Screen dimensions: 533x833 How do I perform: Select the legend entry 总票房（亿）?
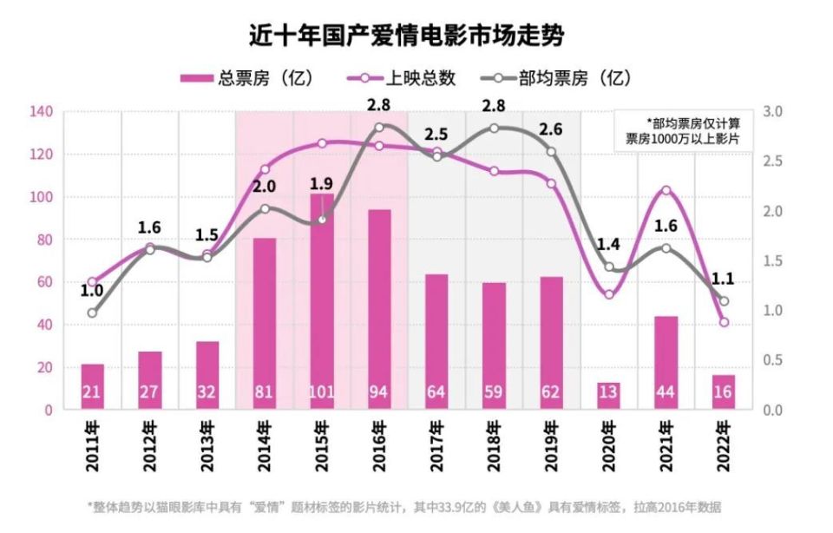[x=246, y=78]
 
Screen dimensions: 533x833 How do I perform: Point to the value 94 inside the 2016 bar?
[x=379, y=393]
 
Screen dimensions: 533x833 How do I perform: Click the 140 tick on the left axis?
[x=42, y=112]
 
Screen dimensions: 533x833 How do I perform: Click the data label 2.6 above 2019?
[x=551, y=130]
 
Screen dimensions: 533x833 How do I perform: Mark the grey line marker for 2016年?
[x=379, y=128]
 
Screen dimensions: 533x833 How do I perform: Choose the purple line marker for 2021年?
[x=666, y=190]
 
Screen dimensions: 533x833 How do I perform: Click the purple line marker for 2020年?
[x=609, y=294]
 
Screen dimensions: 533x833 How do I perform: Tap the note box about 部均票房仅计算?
[x=685, y=130]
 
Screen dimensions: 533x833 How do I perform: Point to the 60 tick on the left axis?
[x=44, y=282]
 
